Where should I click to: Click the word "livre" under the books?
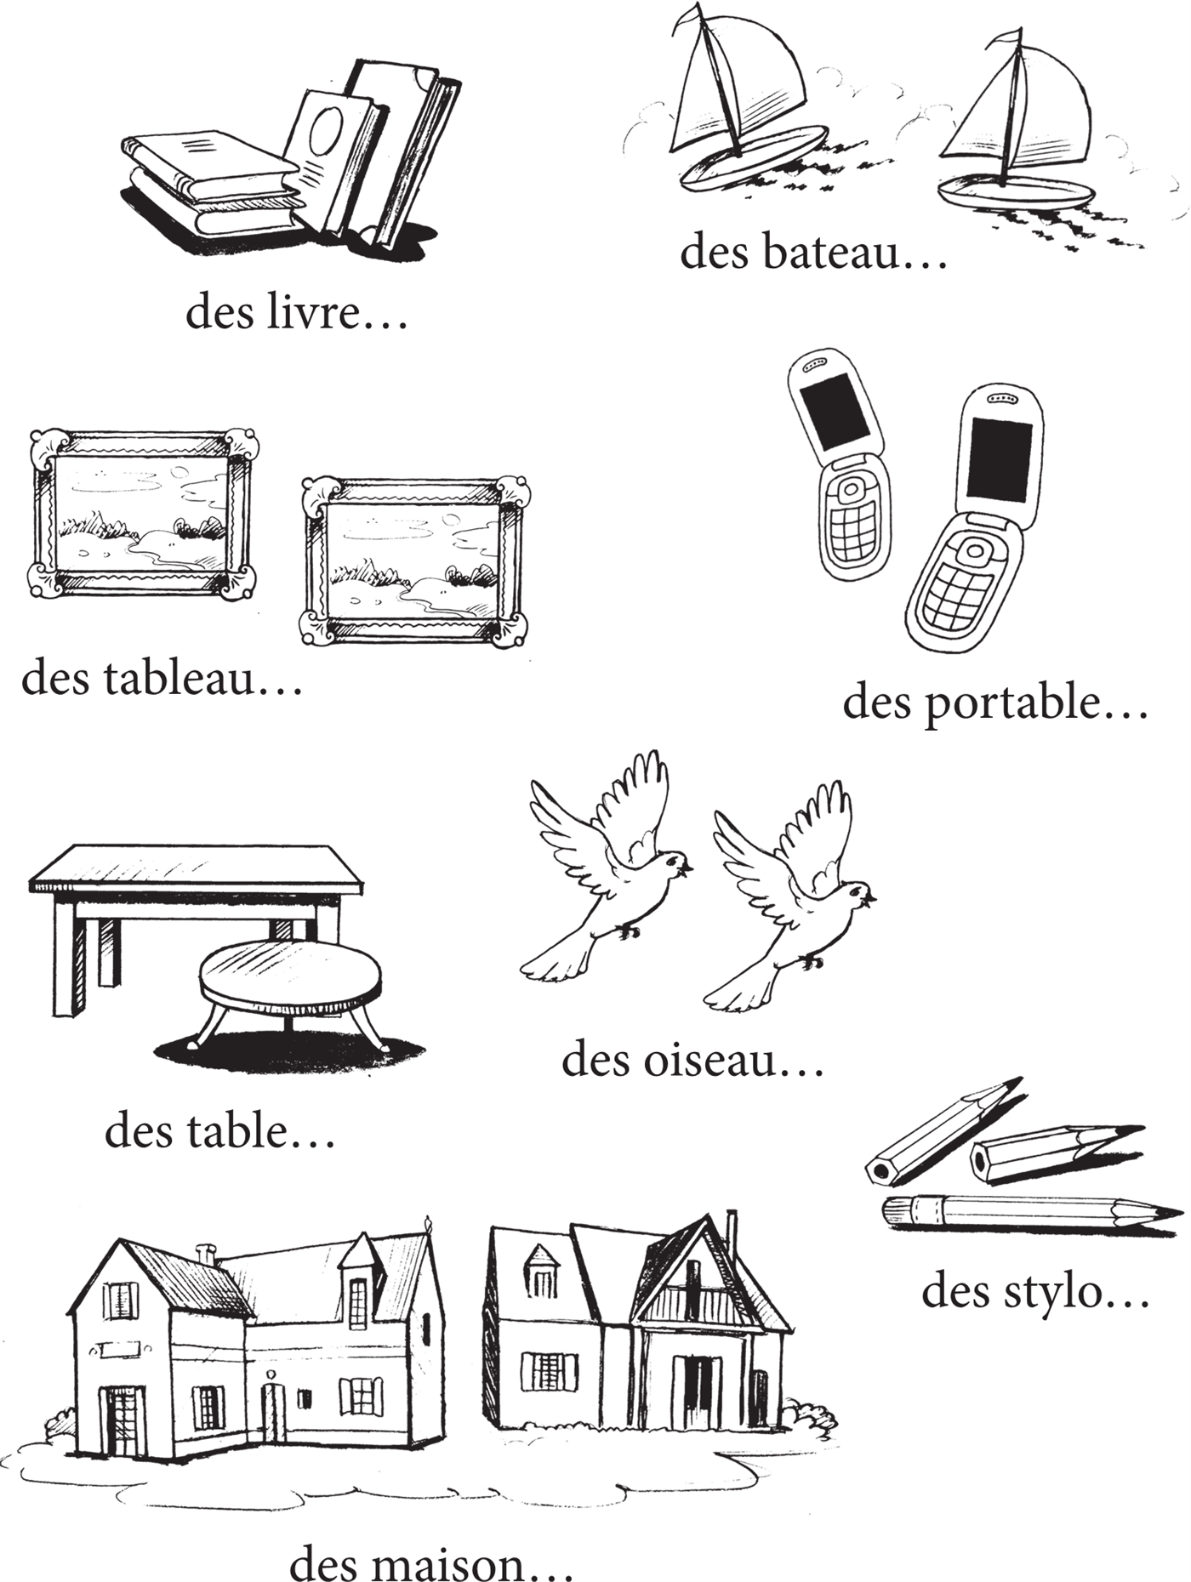[315, 312]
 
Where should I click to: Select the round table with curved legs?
[289, 991]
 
